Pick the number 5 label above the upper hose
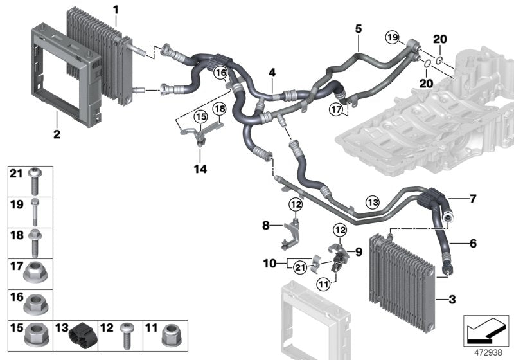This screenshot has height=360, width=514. point(359,28)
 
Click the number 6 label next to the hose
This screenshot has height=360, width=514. point(472,244)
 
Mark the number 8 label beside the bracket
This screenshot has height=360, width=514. point(265,226)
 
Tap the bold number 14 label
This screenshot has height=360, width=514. point(201,169)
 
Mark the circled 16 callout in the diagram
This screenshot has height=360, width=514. point(221,73)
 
